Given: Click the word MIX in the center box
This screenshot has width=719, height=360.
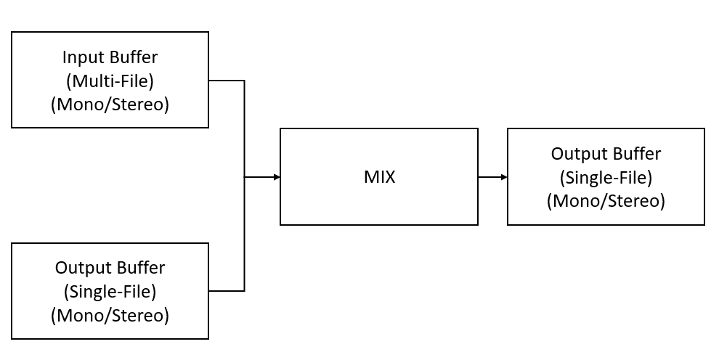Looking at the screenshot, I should coord(379,176).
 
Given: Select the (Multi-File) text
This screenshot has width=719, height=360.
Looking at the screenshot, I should coord(110,81).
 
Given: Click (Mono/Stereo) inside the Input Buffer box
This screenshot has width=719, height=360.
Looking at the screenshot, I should coord(110,104).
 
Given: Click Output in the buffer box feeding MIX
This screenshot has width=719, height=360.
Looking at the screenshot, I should coord(79,268).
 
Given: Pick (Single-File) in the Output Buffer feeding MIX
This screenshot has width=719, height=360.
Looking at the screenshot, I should coord(110,292).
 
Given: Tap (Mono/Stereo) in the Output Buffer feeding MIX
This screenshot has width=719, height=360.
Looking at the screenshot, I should coord(110,316).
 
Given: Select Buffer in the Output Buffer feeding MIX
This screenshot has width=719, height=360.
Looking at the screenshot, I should coord(141,268).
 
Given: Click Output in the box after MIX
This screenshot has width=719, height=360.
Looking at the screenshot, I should coord(575,154).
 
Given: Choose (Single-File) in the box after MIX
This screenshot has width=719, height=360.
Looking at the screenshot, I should coord(606,177).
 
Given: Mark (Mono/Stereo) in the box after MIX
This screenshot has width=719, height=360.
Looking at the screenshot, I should coord(606,201).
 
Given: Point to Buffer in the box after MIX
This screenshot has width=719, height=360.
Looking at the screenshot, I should coord(637,154).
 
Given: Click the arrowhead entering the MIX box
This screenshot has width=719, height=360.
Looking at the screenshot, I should coord(276,176).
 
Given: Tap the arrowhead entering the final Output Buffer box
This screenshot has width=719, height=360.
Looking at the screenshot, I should coord(503,176).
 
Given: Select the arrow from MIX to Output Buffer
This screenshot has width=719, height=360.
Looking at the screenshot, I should coord(491,176).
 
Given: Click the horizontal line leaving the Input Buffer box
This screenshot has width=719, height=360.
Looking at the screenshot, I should coord(226,81).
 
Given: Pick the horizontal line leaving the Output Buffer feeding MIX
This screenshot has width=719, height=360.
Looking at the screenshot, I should coord(226,291).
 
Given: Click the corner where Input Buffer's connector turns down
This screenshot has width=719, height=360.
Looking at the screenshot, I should coord(244,81).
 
